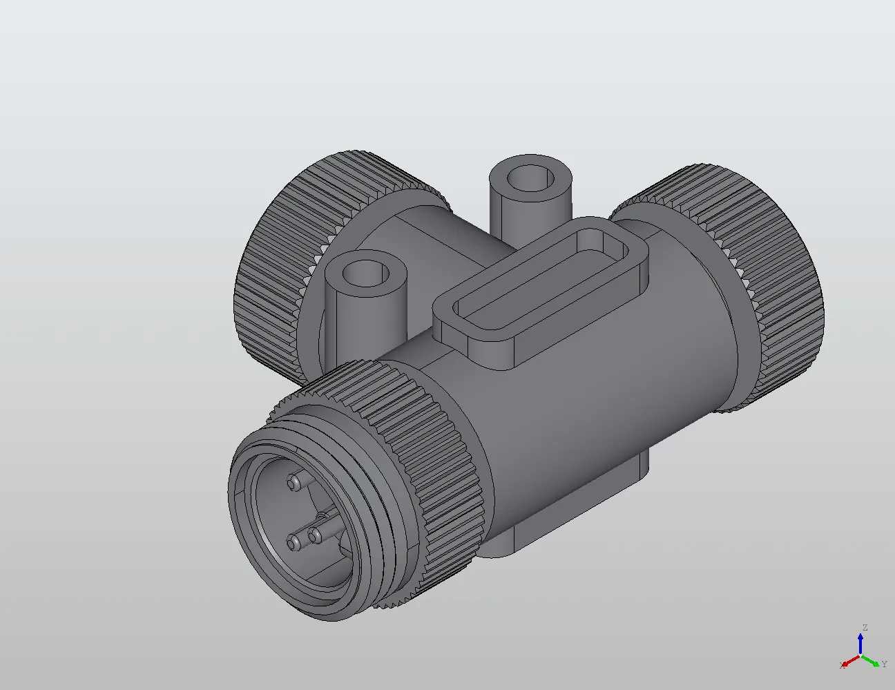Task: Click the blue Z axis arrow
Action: [x=860, y=644]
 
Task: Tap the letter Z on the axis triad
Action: [x=864, y=628]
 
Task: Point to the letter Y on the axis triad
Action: [x=884, y=664]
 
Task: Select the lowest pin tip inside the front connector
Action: [x=296, y=543]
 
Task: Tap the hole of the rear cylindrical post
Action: [x=530, y=178]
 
